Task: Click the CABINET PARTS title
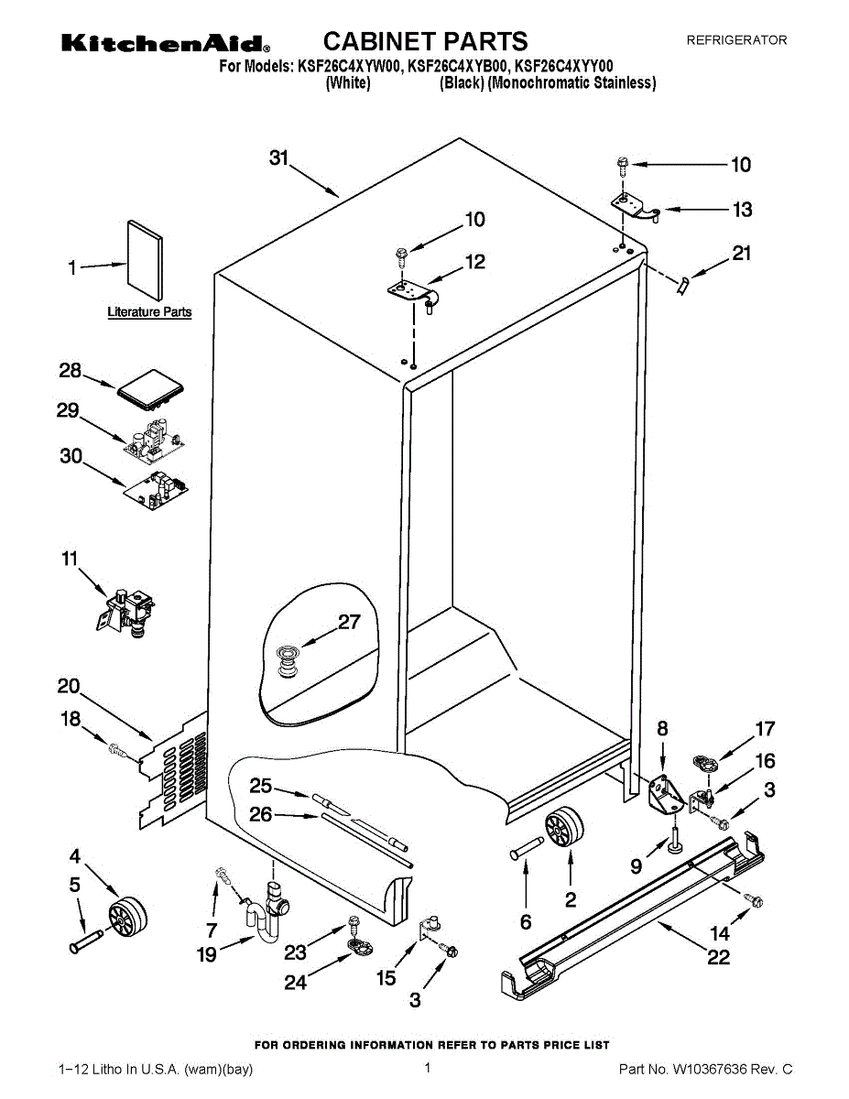coord(425,41)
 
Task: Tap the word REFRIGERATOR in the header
coord(736,40)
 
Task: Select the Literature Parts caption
coord(149,312)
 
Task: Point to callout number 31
coord(279,158)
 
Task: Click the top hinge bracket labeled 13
coord(637,206)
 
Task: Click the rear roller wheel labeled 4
coord(125,916)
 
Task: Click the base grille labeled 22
coord(632,907)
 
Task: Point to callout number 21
coord(741,254)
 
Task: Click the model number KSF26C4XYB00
coord(457,66)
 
